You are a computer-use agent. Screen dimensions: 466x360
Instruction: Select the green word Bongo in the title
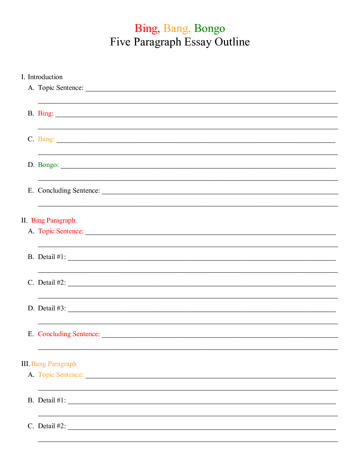(x=210, y=29)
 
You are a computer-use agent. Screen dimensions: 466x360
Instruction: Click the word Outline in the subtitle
(x=232, y=42)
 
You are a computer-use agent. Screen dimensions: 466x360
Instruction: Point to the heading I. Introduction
(x=42, y=77)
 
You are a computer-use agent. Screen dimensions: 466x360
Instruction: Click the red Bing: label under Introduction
(x=45, y=114)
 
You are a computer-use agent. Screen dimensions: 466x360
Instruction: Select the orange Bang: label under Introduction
(x=46, y=139)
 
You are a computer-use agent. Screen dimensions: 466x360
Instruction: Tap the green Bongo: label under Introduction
(x=48, y=165)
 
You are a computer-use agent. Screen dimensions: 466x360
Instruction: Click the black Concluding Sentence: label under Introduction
(x=69, y=191)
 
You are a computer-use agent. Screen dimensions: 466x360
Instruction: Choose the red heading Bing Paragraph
(x=53, y=221)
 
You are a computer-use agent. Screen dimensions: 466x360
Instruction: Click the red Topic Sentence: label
(x=61, y=231)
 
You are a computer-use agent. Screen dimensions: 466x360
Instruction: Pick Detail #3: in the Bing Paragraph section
(x=52, y=308)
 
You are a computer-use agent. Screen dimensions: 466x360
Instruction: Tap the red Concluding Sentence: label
(x=69, y=334)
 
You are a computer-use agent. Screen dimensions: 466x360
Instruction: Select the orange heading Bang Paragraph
(x=54, y=364)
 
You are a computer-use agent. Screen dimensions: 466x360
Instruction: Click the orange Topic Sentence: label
(x=61, y=375)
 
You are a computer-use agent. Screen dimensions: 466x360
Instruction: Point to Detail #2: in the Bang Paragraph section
(x=52, y=426)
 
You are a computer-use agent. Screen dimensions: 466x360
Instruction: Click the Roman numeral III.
(x=25, y=364)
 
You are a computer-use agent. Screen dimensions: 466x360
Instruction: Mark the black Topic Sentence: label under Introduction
(x=61, y=88)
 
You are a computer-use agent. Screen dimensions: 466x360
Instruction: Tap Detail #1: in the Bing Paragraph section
(x=52, y=257)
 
